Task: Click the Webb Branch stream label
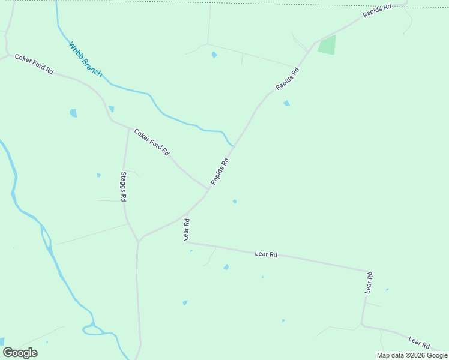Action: (x=85, y=59)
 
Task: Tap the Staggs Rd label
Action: (x=123, y=186)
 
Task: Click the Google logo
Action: (x=20, y=353)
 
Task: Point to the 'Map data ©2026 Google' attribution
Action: (x=412, y=355)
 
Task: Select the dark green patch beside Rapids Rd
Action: (x=327, y=46)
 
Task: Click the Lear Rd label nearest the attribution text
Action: (x=419, y=342)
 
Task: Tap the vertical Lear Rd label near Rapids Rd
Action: (x=187, y=230)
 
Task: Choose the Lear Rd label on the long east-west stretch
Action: (x=265, y=254)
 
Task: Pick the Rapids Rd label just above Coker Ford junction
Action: (x=220, y=171)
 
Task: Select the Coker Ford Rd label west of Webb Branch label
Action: (x=34, y=64)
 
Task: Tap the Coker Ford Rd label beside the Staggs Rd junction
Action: (x=152, y=142)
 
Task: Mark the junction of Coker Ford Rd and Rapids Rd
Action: (x=208, y=190)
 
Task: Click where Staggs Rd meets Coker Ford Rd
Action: (x=128, y=127)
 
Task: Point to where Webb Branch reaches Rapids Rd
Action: (x=234, y=146)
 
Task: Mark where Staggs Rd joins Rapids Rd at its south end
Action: (x=139, y=241)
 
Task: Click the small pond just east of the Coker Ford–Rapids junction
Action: (x=234, y=202)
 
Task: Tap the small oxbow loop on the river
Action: (x=93, y=329)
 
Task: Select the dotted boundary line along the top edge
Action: (x=240, y=3)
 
